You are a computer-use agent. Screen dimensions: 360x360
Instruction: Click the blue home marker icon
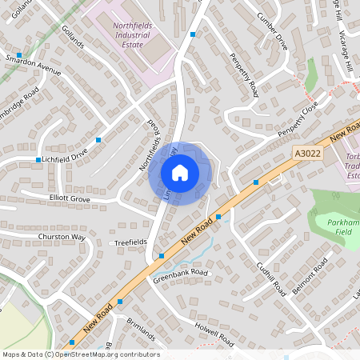[x=180, y=173]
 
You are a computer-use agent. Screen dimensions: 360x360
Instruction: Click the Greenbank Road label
[x=181, y=274]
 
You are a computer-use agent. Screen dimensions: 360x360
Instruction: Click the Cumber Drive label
[x=270, y=30]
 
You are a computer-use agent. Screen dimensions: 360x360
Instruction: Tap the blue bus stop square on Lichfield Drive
[x=38, y=159]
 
